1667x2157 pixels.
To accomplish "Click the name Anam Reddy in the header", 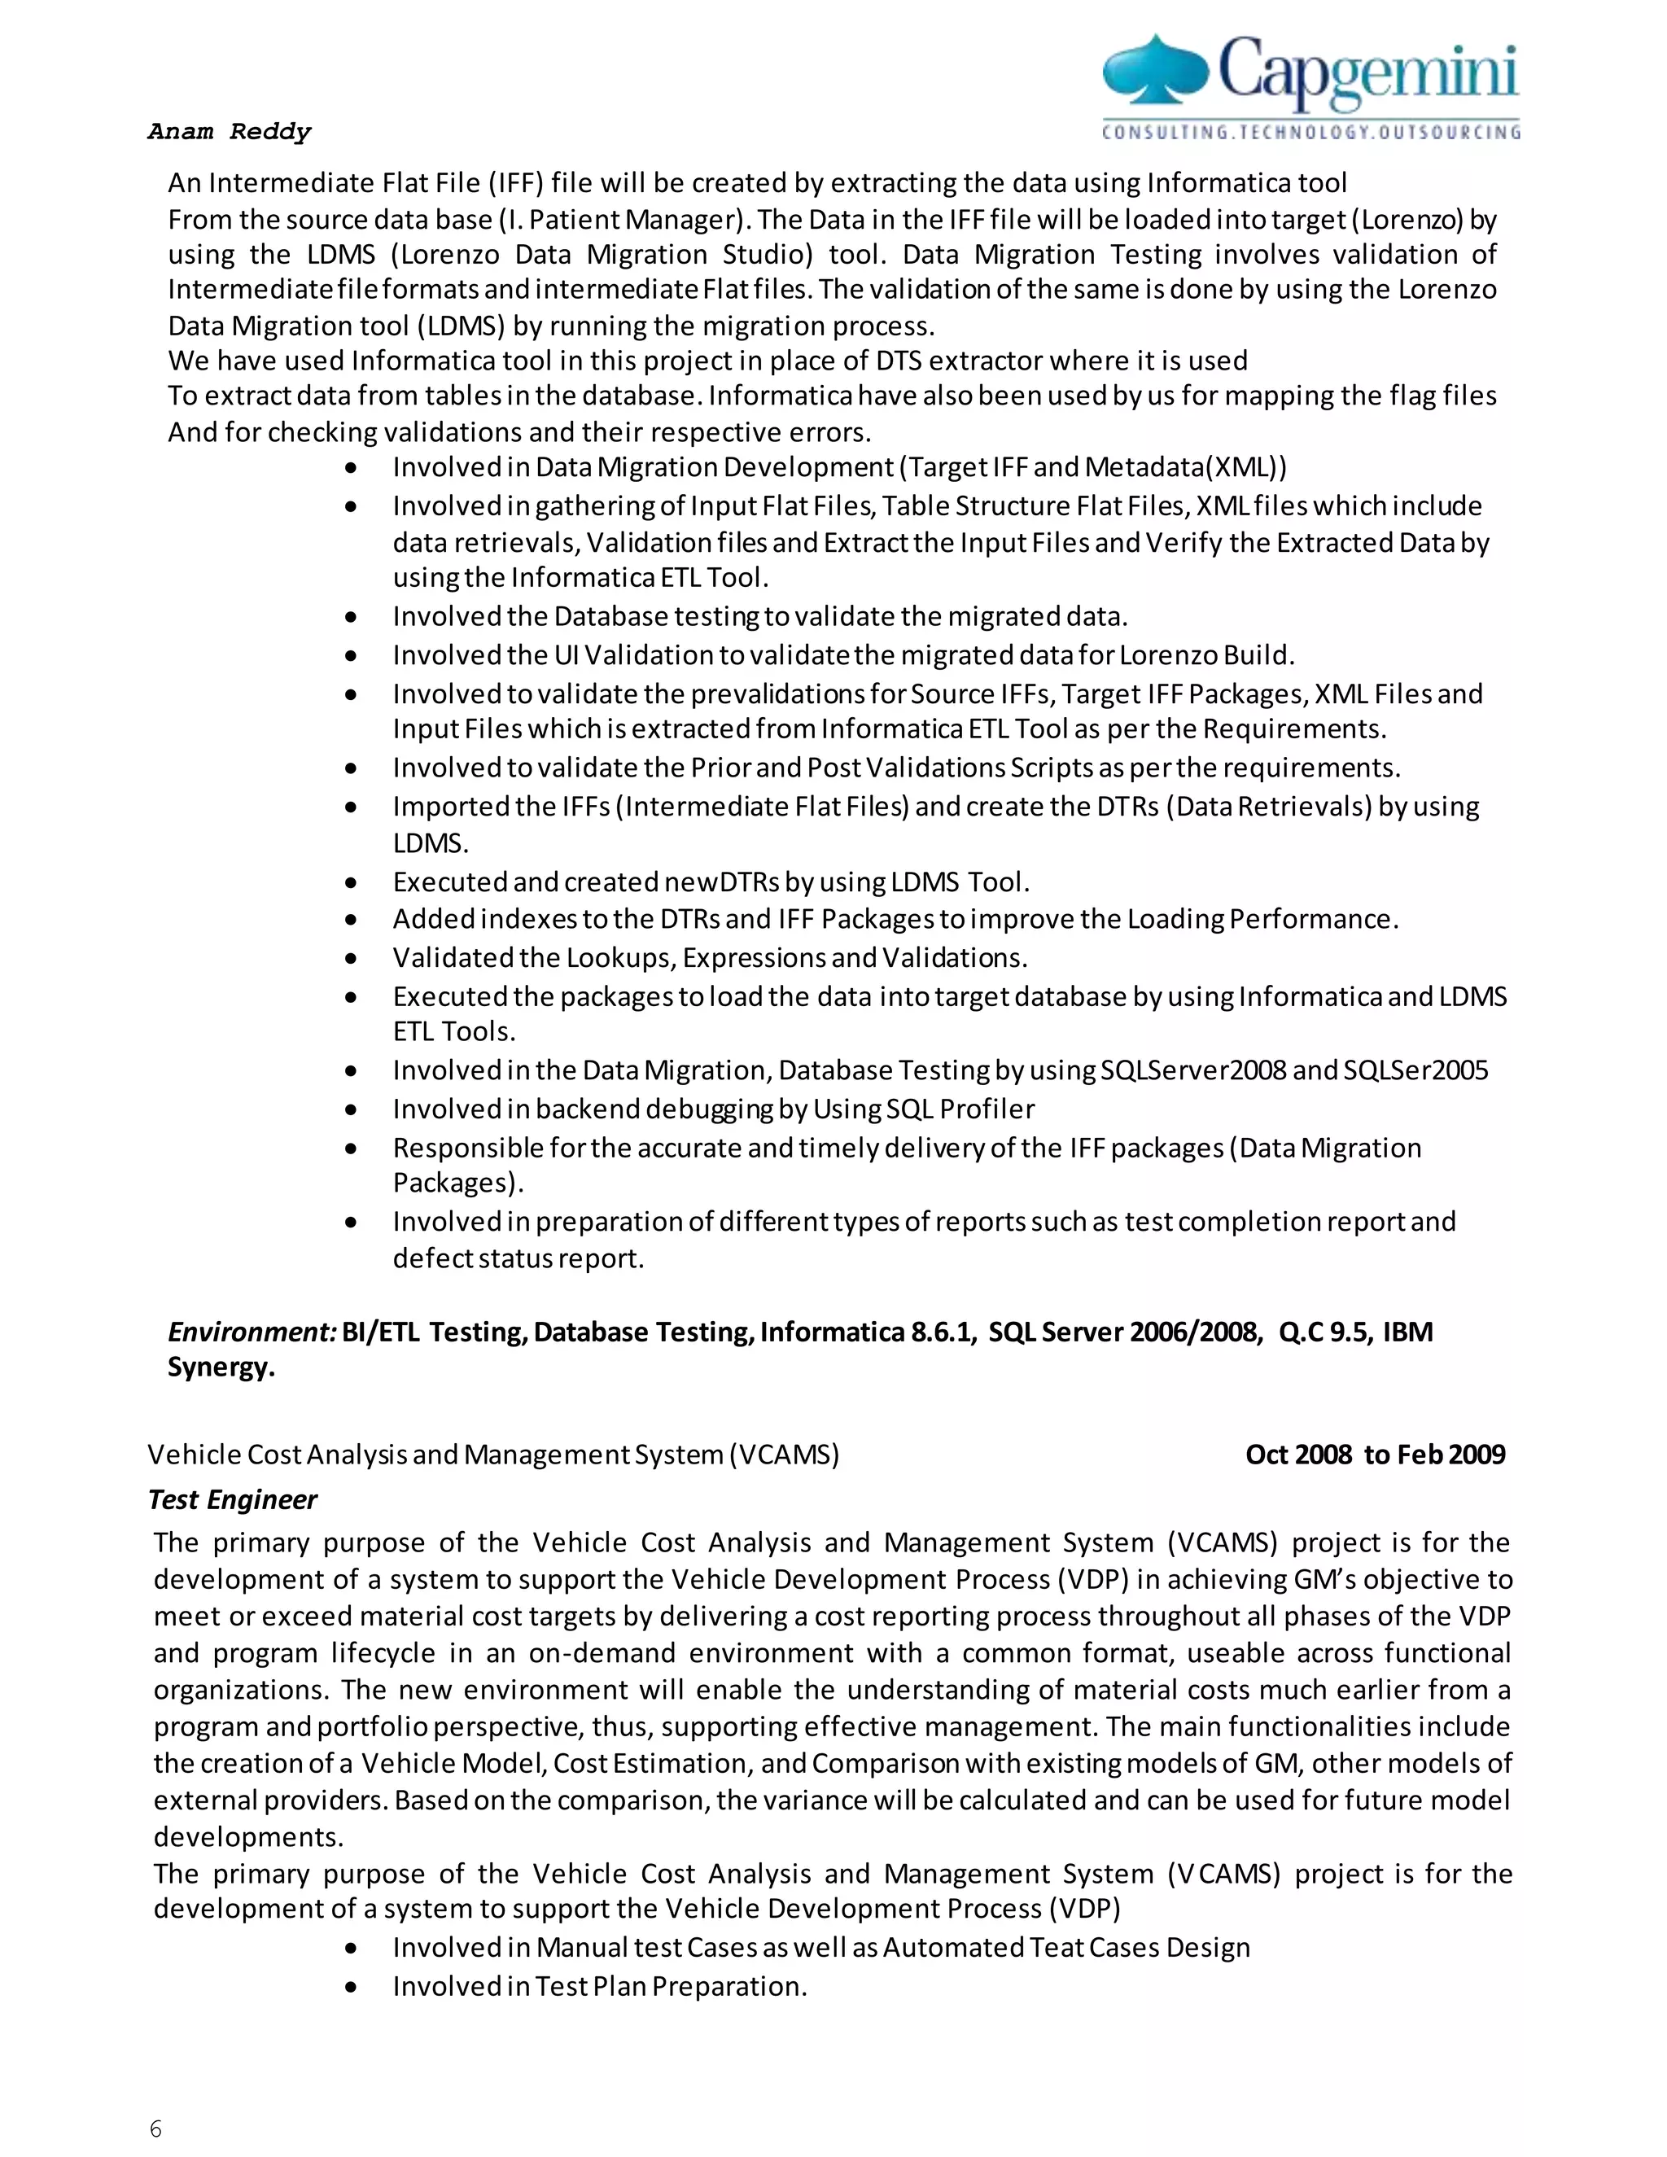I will [229, 131].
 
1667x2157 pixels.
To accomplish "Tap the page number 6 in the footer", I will [155, 2129].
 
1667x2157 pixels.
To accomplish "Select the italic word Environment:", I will [253, 1332].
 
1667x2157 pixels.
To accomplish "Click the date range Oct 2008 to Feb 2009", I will [1375, 1455].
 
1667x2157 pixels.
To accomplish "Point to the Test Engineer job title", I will [232, 1499].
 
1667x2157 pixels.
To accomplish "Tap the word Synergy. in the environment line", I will [221, 1368].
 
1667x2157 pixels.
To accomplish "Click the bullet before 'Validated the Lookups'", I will [352, 959].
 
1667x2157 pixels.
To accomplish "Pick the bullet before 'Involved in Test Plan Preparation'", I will [352, 1987].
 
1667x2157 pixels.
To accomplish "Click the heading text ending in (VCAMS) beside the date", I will [492, 1455].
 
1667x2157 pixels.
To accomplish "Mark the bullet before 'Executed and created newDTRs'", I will [352, 883].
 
